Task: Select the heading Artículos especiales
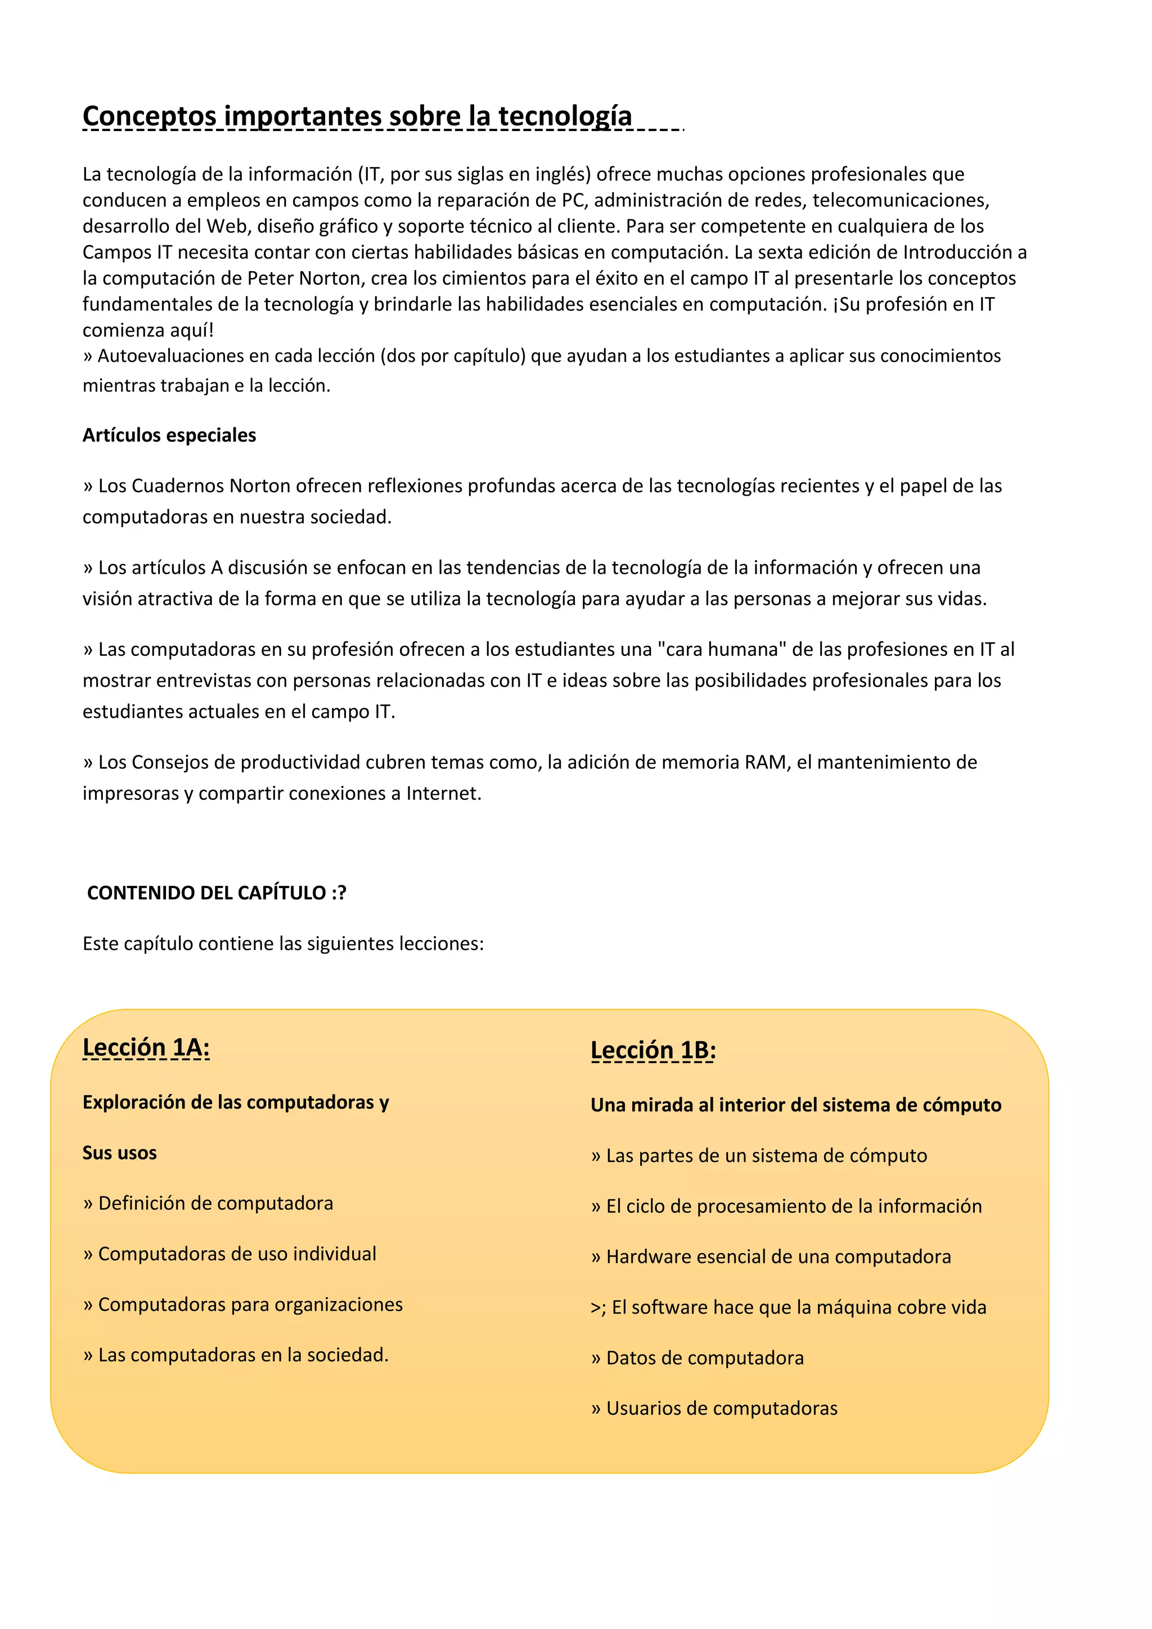[x=169, y=435]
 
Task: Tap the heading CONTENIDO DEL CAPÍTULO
[x=206, y=893]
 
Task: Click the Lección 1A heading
[x=146, y=1047]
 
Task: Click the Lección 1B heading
[x=653, y=1050]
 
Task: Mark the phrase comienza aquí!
[x=147, y=330]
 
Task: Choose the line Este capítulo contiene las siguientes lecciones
[x=283, y=944]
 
